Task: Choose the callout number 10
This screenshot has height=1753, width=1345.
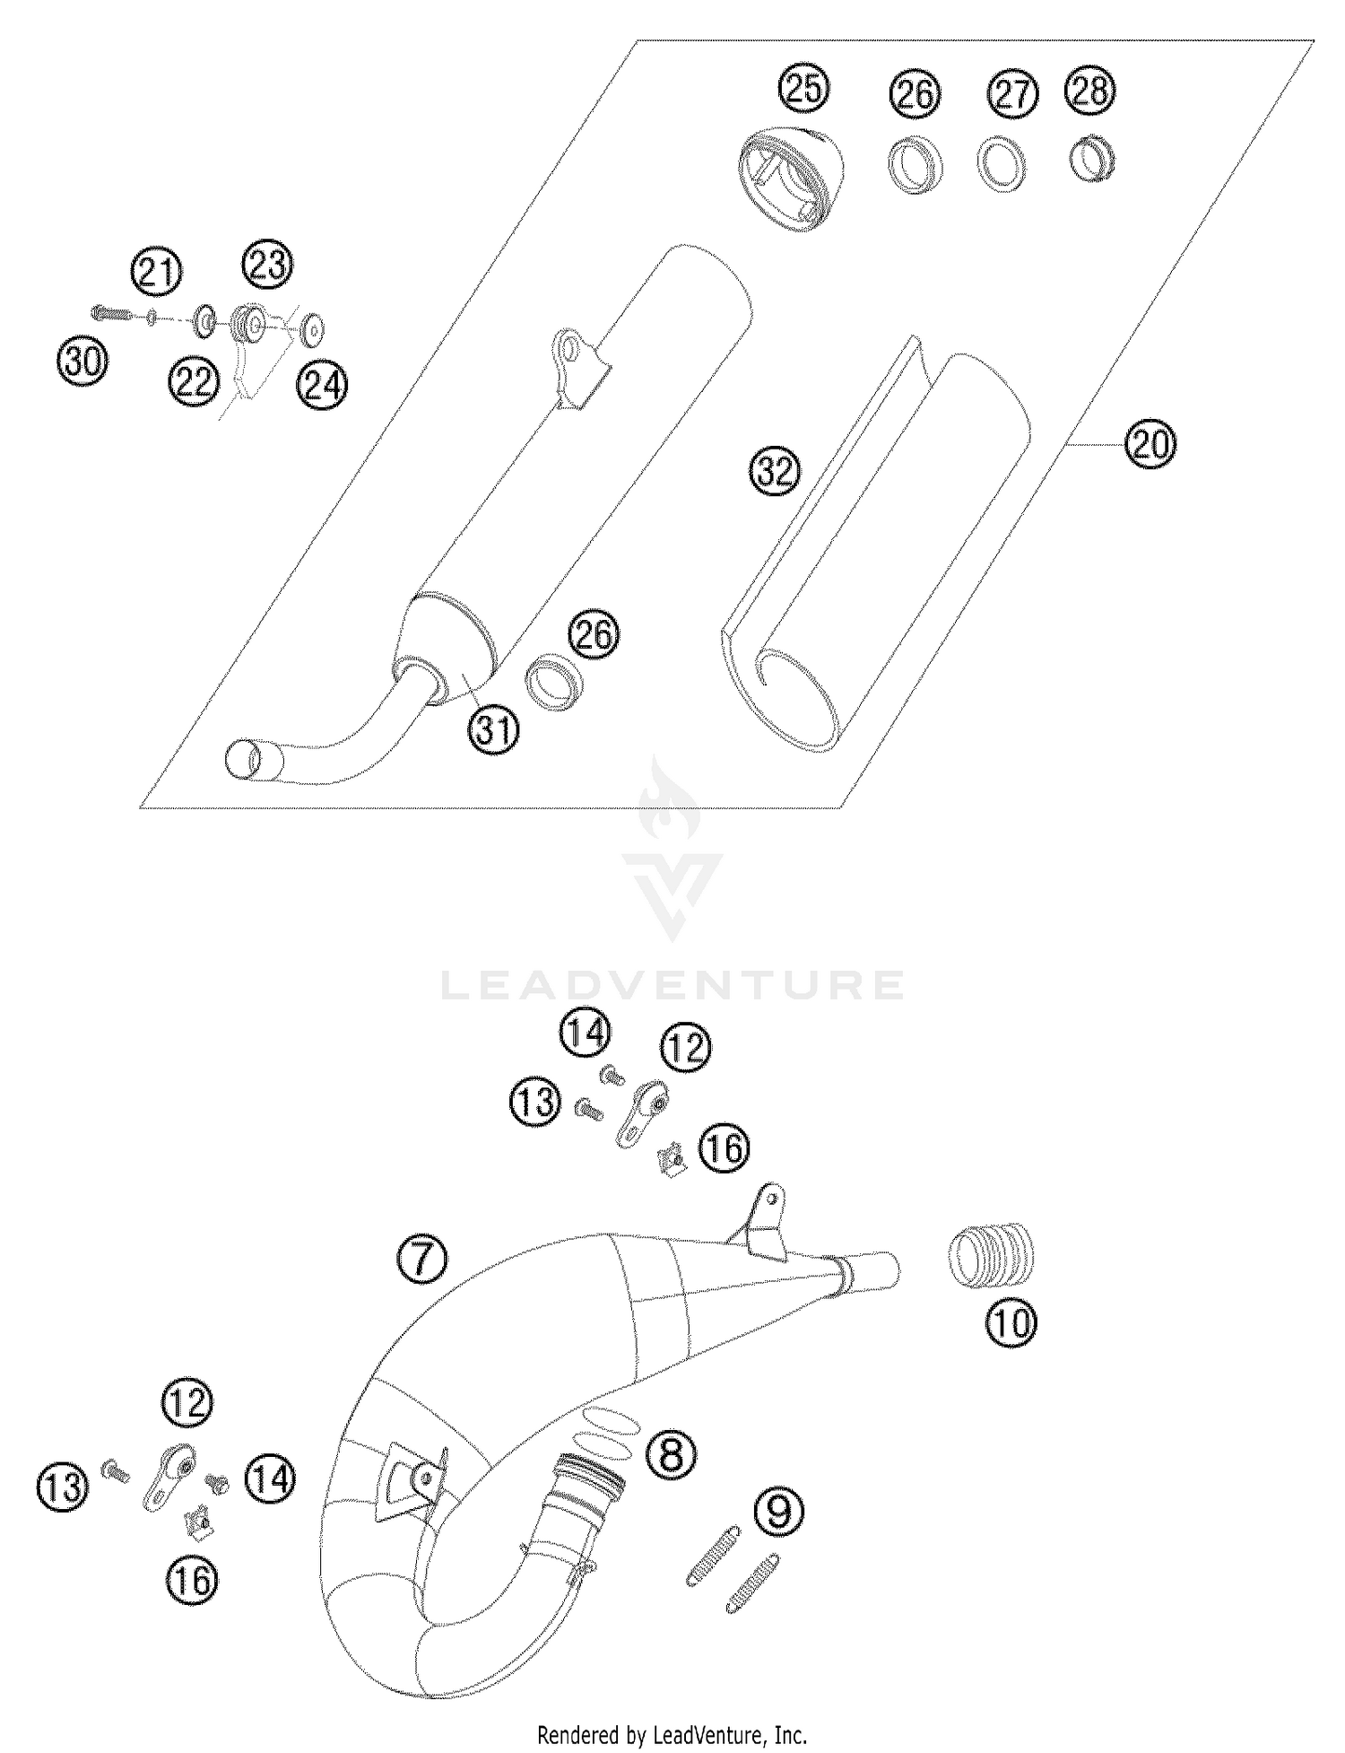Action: [1011, 1321]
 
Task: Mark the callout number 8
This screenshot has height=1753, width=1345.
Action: [672, 1454]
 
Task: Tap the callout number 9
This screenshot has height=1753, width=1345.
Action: [780, 1512]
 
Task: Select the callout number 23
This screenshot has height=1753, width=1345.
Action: [267, 266]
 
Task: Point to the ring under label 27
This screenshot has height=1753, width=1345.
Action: [1001, 164]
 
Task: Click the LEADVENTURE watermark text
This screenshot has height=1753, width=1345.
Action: [672, 985]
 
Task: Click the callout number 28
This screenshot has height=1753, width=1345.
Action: [1090, 91]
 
